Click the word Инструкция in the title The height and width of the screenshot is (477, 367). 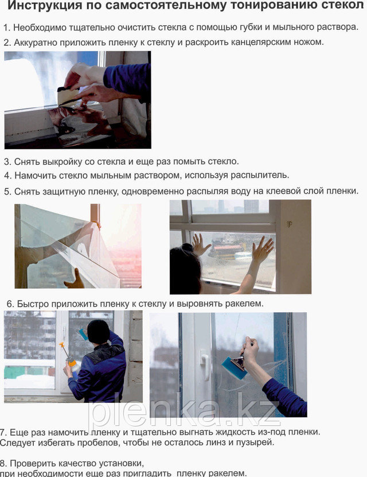(x=45, y=6)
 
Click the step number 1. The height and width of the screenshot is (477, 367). (x=7, y=28)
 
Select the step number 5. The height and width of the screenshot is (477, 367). (x=7, y=191)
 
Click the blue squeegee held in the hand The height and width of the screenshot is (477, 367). (x=235, y=367)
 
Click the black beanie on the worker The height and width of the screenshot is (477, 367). (x=99, y=332)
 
